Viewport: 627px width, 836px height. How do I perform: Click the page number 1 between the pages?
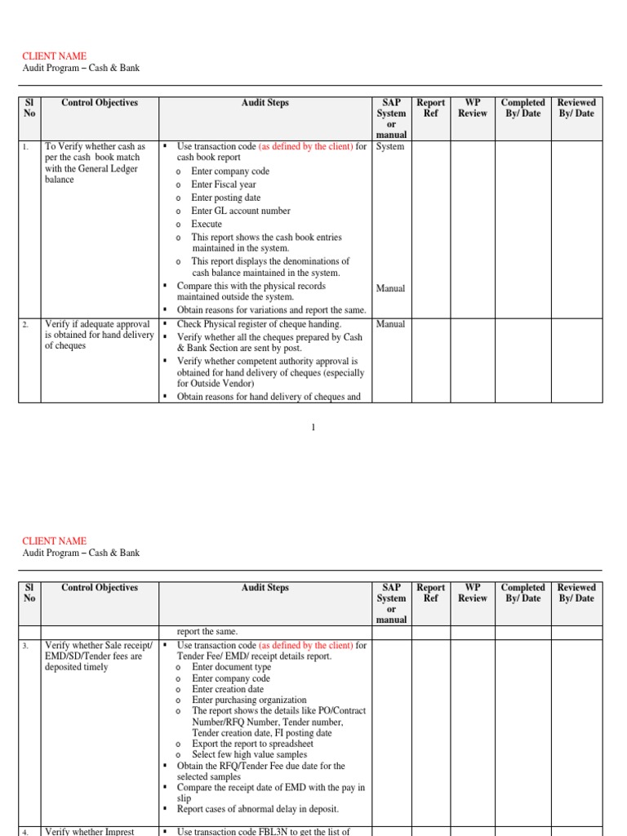313,429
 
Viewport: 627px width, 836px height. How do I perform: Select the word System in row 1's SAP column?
390,147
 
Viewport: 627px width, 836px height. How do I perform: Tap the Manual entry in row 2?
390,324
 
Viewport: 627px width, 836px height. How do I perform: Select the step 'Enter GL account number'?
240,211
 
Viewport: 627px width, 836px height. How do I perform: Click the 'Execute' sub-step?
207,224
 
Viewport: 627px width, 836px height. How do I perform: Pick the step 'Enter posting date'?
226,198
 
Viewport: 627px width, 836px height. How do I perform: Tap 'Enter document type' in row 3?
231,667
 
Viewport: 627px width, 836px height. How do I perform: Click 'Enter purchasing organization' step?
249,700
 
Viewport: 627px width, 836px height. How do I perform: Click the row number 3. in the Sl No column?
26,646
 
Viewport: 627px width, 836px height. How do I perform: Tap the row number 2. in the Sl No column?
26,325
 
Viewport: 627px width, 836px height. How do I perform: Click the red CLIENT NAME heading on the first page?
54,56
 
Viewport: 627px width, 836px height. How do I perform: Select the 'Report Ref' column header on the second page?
430,593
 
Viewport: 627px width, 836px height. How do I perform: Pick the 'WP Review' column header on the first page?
472,108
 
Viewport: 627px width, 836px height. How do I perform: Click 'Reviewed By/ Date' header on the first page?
576,108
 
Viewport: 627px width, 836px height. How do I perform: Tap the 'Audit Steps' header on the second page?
265,588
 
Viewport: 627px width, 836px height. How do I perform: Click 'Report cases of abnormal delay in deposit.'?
257,809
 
